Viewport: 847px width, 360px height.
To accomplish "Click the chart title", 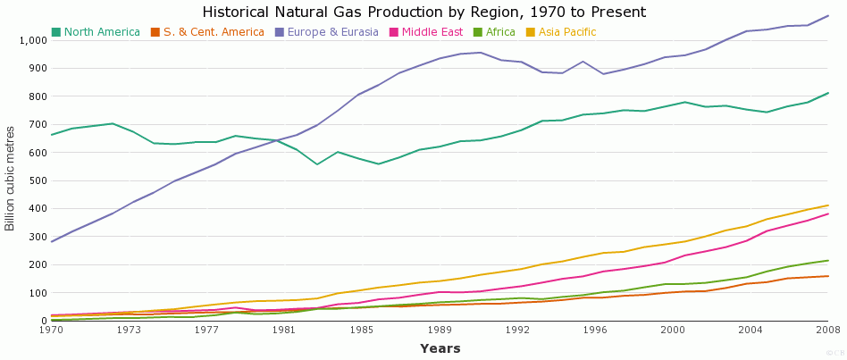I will coord(423,13).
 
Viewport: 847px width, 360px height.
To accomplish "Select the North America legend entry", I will coord(101,32).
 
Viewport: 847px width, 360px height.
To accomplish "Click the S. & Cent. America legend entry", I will coord(213,32).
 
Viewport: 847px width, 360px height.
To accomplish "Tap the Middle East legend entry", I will coord(432,32).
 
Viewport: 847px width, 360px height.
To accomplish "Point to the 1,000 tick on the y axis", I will coord(31,40).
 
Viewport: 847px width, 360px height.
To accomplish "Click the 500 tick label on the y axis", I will coord(37,180).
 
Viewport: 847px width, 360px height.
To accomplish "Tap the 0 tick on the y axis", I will coord(43,321).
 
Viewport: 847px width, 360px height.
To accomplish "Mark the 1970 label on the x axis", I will coord(51,330).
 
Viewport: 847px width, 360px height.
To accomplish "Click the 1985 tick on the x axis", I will coord(362,330).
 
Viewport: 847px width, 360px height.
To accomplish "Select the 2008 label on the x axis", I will coord(828,330).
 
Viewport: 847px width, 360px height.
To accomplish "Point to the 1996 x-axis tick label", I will coord(595,330).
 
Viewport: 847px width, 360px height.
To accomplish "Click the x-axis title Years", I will coord(440,347).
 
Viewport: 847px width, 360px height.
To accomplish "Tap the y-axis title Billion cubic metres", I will coord(11,179).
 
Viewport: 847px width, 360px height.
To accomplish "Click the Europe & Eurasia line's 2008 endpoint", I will coord(828,15).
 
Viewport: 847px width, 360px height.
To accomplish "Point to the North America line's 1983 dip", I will coord(316,164).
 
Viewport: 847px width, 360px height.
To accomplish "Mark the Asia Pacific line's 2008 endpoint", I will coord(828,205).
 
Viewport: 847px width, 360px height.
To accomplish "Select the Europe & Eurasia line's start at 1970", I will coord(52,242).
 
